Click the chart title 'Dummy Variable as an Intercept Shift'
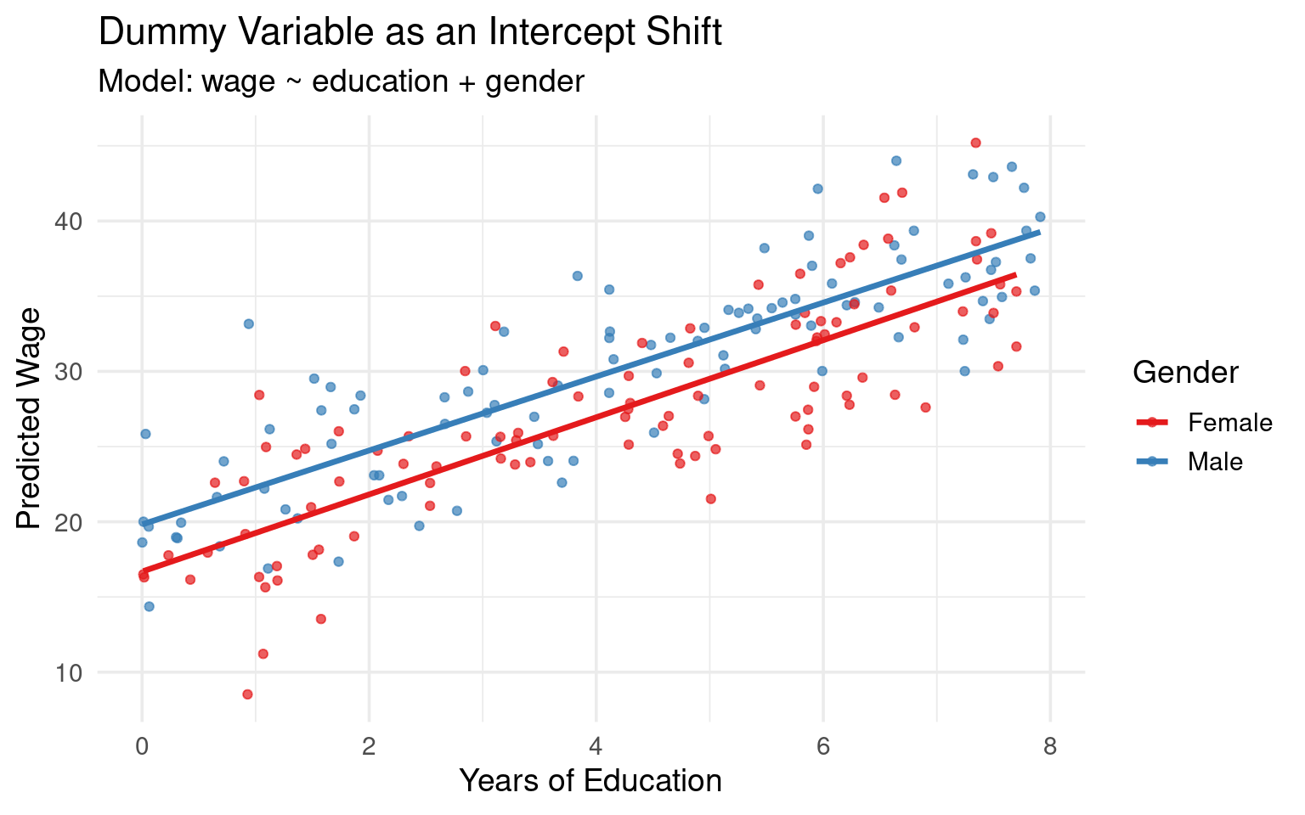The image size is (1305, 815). click(410, 33)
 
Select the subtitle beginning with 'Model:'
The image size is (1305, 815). click(342, 81)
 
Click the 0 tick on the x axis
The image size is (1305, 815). click(142, 745)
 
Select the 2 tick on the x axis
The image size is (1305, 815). click(369, 745)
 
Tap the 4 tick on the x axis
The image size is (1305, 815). click(596, 745)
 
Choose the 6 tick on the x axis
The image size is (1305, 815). click(822, 745)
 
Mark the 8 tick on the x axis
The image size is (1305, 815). click(1049, 745)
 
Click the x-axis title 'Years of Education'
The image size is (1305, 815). click(590, 780)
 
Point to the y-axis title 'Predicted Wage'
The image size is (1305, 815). click(29, 419)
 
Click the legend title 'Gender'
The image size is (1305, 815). click(1185, 372)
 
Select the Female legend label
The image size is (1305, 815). click(1229, 423)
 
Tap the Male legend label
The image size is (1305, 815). click(1215, 462)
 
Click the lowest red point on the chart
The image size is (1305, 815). click(247, 694)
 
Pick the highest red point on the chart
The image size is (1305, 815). click(975, 143)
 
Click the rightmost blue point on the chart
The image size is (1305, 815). click(1040, 216)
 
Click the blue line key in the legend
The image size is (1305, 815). click(1152, 462)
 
